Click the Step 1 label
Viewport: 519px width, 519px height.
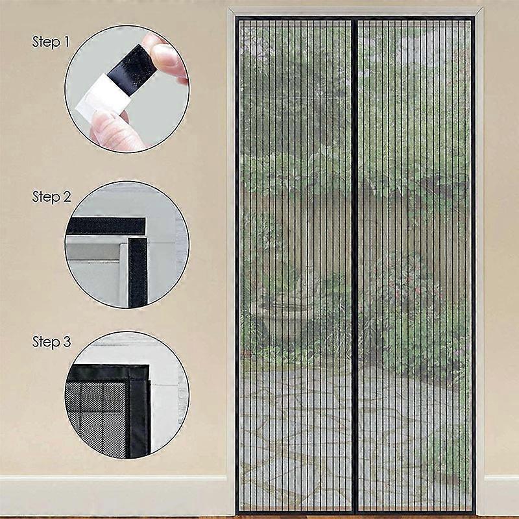(51, 43)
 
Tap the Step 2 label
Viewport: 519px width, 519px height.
(51, 197)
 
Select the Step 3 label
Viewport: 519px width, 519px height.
(51, 342)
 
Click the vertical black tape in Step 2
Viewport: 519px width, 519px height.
(137, 272)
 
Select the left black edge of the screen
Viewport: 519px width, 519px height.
(237, 259)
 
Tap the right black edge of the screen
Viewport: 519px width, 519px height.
(474, 259)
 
